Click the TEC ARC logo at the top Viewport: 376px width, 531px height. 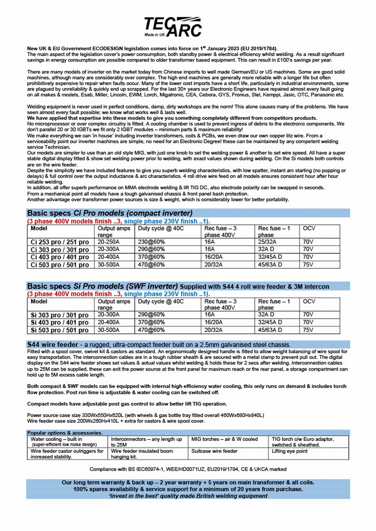click(x=173, y=27)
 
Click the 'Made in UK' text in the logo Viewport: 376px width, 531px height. click(x=155, y=35)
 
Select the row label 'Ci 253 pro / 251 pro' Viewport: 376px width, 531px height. click(x=60, y=242)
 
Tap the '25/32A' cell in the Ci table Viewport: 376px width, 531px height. click(x=267, y=242)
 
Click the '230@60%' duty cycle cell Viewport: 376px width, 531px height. click(x=151, y=242)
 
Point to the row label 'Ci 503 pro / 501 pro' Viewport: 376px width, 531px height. click(x=60, y=265)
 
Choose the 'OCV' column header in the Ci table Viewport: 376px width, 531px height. click(x=309, y=228)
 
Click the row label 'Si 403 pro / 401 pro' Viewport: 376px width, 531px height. click(x=60, y=323)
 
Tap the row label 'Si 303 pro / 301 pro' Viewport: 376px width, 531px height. click(x=60, y=315)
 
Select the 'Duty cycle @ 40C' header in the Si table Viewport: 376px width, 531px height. click(x=161, y=302)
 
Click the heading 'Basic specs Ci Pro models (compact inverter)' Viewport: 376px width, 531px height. click(x=110, y=213)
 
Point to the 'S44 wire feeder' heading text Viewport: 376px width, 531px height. click(x=53, y=345)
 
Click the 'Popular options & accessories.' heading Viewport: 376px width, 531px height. click(x=65, y=433)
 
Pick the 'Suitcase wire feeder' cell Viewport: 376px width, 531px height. click(x=214, y=451)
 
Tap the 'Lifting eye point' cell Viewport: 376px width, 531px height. click(x=290, y=451)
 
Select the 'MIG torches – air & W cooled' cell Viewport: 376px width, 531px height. click(x=224, y=439)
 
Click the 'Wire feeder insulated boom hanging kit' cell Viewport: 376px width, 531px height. click(x=142, y=454)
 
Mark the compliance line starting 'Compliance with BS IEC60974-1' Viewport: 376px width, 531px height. click(x=188, y=469)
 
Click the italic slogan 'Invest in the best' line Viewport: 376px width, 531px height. click(x=188, y=496)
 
